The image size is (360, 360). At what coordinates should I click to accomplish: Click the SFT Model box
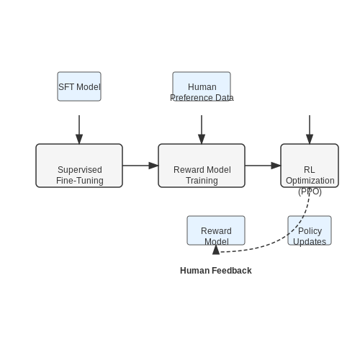79,86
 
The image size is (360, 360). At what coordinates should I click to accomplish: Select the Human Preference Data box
202,86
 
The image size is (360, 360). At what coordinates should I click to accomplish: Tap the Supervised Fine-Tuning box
79,166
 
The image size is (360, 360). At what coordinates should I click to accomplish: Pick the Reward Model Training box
202,166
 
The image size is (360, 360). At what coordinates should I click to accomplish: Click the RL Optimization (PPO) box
310,166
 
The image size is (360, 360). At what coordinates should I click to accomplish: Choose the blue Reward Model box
216,230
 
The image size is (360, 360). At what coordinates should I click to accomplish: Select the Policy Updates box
310,230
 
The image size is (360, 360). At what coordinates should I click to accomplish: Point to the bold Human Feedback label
216,271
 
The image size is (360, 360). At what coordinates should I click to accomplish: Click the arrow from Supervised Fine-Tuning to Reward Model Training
140,166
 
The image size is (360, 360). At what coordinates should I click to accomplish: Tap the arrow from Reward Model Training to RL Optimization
263,166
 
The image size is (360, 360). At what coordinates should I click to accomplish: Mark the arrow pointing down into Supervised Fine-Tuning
79,130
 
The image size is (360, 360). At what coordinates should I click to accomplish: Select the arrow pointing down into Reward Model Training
202,130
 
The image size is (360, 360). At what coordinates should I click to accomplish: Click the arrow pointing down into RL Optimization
310,130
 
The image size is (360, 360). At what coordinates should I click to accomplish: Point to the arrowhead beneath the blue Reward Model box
216,250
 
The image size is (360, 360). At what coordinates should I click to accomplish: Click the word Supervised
80,170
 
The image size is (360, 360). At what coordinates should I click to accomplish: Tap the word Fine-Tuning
80,181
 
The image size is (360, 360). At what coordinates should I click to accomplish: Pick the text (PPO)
310,192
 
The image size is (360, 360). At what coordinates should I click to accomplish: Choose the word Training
202,181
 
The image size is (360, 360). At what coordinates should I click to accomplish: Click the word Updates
310,241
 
